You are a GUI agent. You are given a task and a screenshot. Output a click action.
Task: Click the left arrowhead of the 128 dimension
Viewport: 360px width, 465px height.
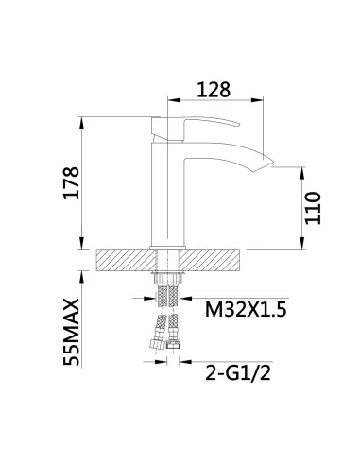tap(171, 99)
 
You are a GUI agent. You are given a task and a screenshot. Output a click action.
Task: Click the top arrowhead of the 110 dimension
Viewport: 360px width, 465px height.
tap(303, 172)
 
